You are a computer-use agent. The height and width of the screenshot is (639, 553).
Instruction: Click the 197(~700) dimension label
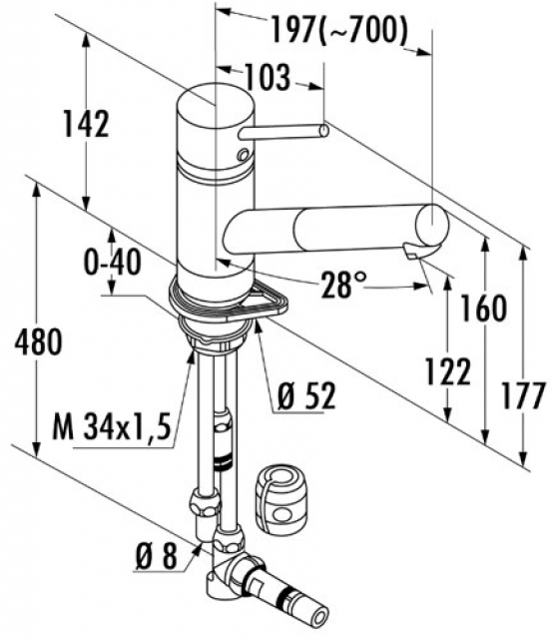339,30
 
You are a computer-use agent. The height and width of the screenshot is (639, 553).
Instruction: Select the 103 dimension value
268,77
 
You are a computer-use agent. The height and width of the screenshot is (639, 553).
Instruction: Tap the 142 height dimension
86,124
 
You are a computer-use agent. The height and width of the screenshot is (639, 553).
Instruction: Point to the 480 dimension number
38,341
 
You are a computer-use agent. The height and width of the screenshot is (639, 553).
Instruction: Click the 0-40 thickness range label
113,262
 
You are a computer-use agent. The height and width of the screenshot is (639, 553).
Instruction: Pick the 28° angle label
342,284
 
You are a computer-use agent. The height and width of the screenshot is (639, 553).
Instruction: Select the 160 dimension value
484,309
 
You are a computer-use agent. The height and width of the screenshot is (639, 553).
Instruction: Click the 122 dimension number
448,371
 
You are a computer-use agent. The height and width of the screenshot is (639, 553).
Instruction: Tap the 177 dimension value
523,395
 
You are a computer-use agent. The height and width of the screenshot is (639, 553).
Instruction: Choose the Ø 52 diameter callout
306,396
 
